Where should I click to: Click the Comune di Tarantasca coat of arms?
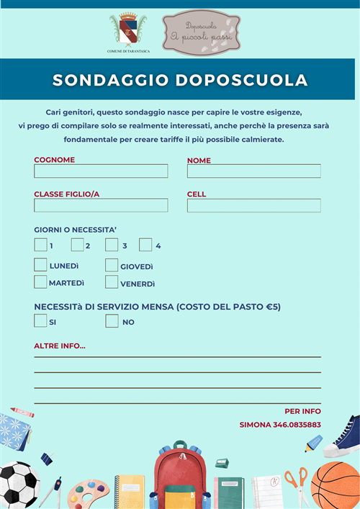127,30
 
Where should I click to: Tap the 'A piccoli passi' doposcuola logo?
201,32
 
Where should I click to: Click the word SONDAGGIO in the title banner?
109,79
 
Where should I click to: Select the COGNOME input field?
101,171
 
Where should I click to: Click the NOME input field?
253,171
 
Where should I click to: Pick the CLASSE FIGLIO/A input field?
101,205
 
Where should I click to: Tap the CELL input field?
253,205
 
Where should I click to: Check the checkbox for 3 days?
112,245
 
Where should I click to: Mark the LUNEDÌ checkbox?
40,265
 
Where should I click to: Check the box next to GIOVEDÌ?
112,265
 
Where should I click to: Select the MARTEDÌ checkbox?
40,282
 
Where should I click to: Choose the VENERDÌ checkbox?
112,282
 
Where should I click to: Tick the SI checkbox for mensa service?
40,321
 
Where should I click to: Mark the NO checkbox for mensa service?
112,321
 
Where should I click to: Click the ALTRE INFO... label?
60,346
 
